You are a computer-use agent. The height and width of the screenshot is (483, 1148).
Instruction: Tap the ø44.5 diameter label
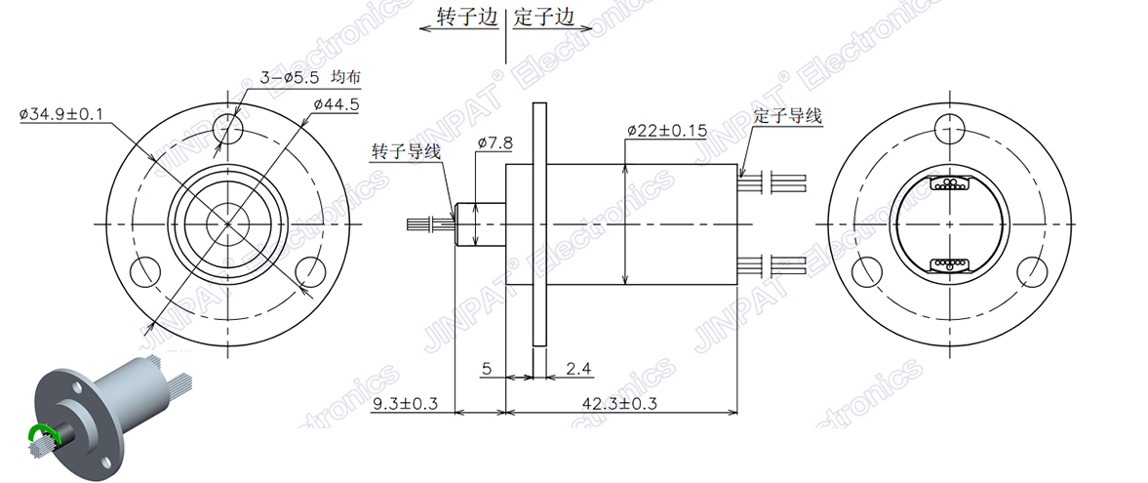[336, 103]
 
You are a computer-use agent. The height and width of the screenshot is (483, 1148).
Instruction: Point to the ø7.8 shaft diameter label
[495, 142]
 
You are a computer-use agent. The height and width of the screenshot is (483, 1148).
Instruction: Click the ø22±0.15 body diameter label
[666, 130]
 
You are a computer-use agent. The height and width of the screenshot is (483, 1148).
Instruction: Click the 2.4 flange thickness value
[579, 368]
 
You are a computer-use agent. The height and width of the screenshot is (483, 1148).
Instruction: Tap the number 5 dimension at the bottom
[487, 368]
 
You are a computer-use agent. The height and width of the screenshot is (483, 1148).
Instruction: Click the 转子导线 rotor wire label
[406, 151]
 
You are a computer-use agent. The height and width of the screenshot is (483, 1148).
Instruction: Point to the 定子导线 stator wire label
[788, 116]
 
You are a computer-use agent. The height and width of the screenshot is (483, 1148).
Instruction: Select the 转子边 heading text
[461, 17]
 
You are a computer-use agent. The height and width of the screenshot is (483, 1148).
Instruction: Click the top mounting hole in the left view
[227, 127]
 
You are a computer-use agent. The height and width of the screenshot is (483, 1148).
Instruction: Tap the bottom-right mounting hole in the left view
[310, 270]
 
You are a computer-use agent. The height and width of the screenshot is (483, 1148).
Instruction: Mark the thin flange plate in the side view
[538, 223]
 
